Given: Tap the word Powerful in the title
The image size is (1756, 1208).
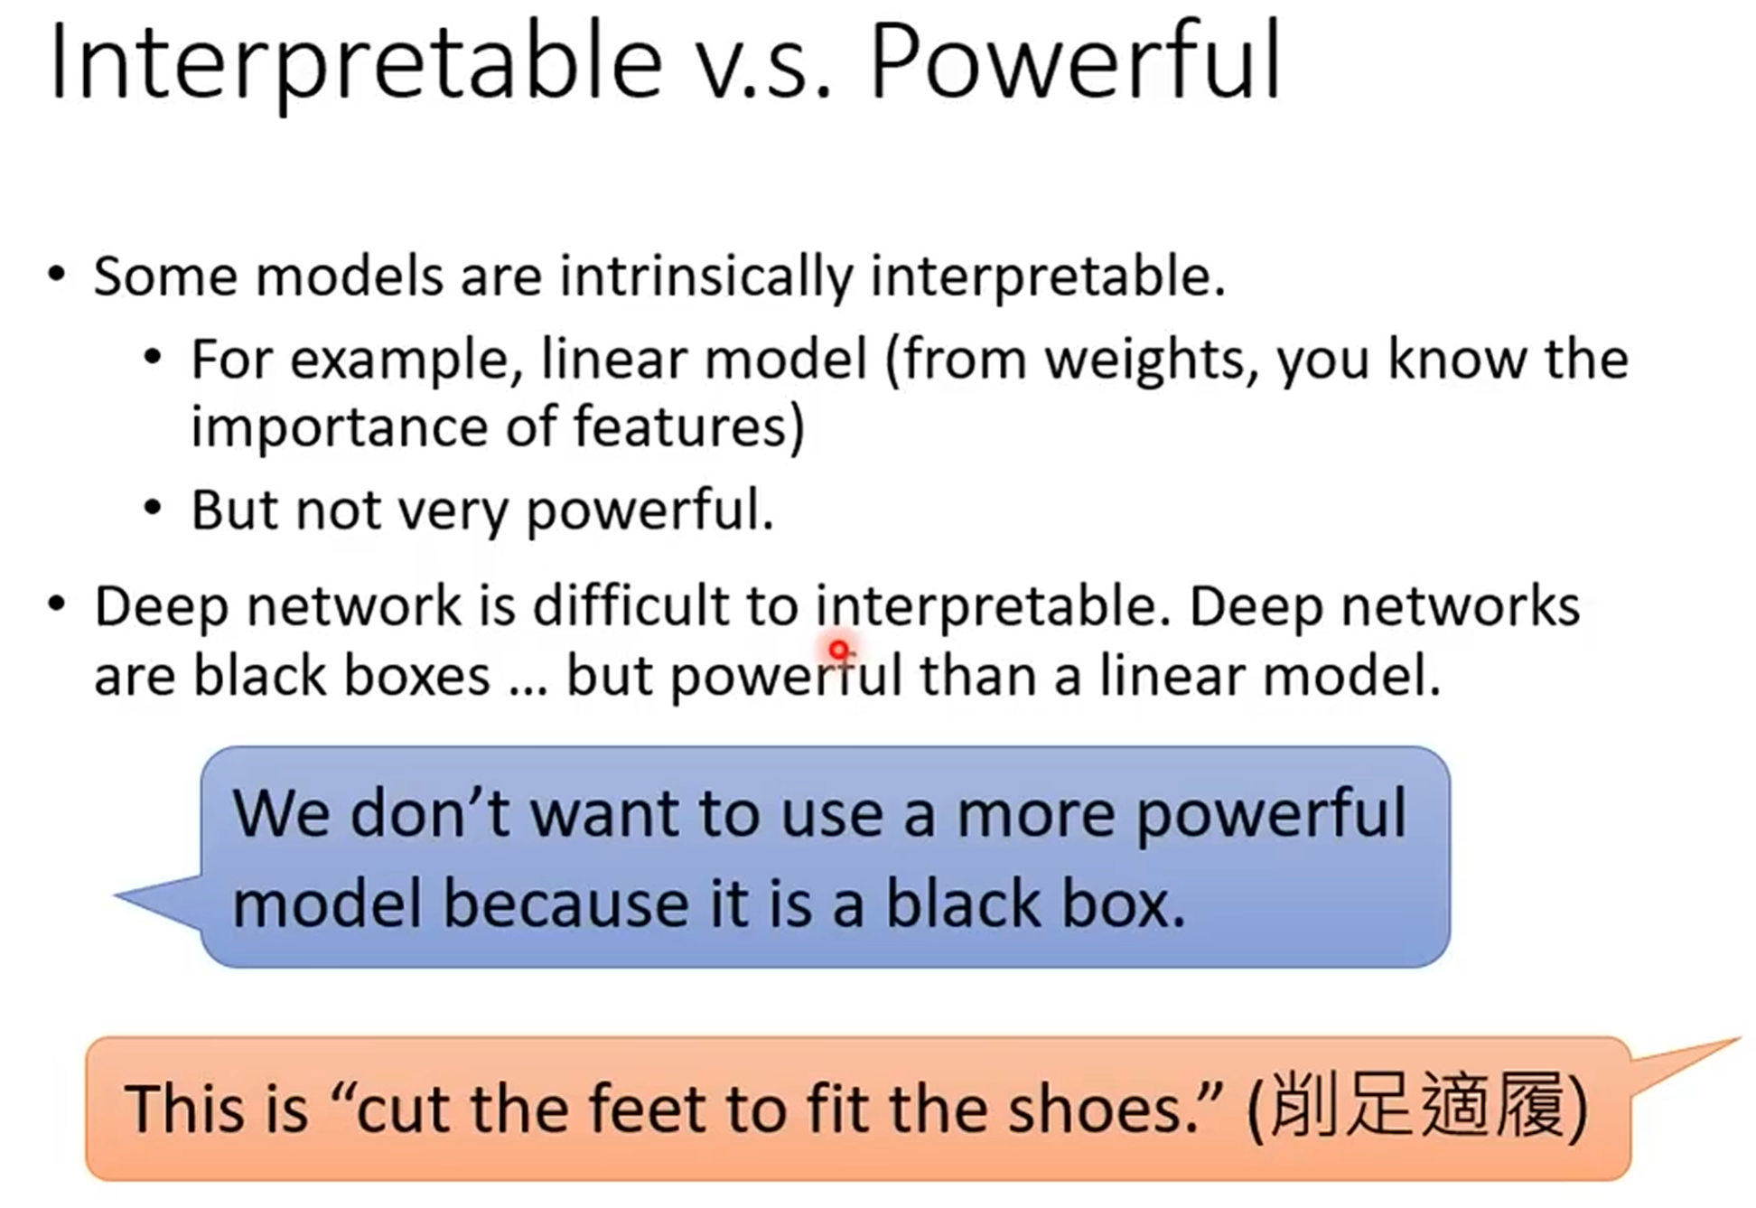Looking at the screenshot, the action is [1075, 61].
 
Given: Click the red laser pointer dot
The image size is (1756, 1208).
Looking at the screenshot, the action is [839, 650].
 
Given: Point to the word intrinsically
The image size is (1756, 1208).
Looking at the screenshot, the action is [705, 276].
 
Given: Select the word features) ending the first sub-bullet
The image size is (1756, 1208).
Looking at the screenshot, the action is [688, 426].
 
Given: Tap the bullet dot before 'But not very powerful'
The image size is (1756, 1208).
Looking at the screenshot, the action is [153, 508].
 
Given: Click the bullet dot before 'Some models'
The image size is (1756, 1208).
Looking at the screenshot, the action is [57, 274].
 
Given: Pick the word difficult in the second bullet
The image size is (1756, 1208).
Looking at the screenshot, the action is [630, 605].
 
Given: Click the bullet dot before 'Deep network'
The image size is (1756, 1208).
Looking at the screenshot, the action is [57, 604].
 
